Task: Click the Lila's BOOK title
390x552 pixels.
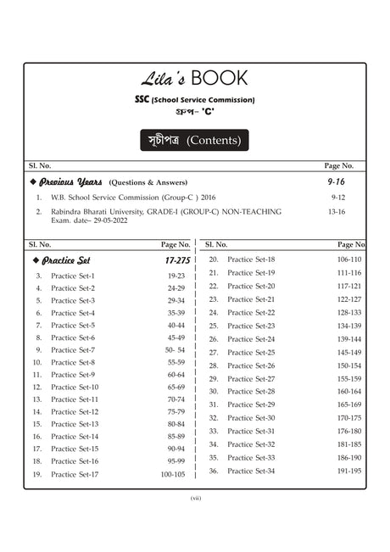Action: point(194,79)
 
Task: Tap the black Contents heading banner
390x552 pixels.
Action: point(194,140)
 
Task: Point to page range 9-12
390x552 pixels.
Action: point(337,198)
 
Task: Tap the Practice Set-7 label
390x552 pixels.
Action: point(73,350)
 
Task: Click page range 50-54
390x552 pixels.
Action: point(175,350)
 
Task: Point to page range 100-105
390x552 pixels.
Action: point(172,475)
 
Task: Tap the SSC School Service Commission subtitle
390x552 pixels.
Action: point(194,101)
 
